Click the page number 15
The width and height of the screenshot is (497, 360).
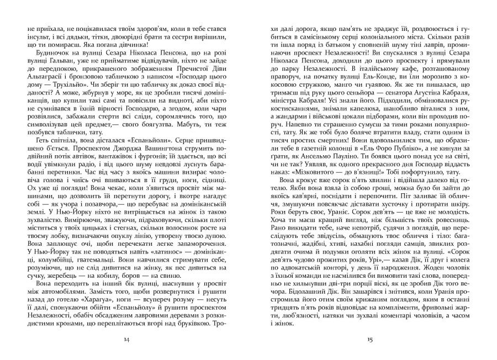pyautogui.click(x=371, y=338)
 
